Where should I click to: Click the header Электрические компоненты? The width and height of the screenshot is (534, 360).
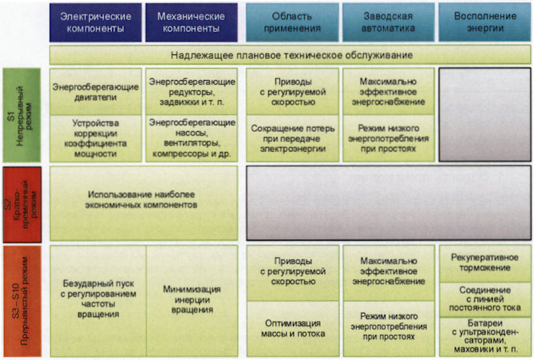(95, 22)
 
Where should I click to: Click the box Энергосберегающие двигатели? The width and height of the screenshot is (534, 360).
(96, 92)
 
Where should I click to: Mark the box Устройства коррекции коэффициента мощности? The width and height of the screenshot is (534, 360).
(96, 138)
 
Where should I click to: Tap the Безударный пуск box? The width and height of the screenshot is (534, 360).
(98, 300)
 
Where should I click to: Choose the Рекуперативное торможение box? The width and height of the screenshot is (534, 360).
(484, 262)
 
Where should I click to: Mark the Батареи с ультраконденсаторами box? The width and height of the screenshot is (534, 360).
(484, 336)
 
